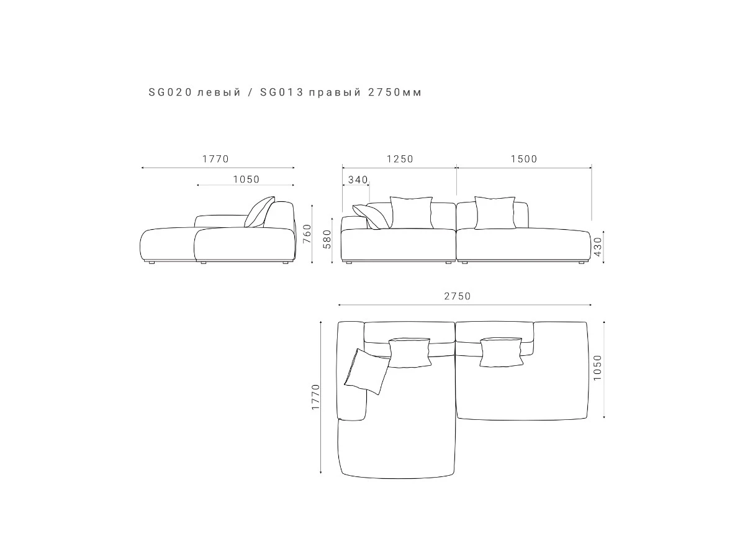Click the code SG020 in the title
pyautogui.click(x=170, y=92)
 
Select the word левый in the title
pyautogui.click(x=219, y=93)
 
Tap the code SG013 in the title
pyautogui.click(x=282, y=92)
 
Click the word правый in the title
pyautogui.click(x=335, y=93)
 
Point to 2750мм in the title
pyautogui.click(x=395, y=93)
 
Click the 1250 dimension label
pyautogui.click(x=400, y=159)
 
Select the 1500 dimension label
pyautogui.click(x=524, y=159)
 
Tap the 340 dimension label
pyautogui.click(x=358, y=180)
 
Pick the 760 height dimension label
pyautogui.click(x=307, y=234)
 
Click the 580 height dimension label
pyautogui.click(x=327, y=239)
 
